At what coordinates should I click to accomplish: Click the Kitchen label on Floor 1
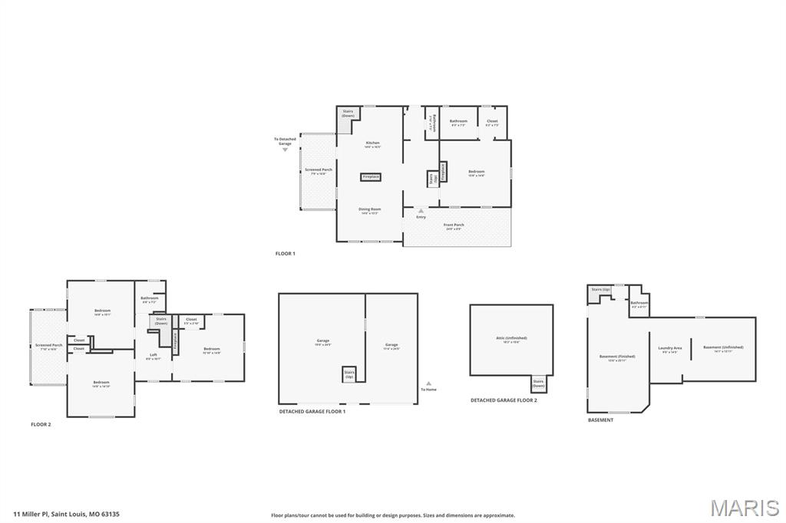372,143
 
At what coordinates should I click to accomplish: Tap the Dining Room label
370,209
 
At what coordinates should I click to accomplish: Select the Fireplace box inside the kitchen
371,177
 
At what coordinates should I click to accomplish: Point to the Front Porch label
453,225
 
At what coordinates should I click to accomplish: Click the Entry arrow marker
421,210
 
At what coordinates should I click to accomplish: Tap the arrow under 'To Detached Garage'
285,150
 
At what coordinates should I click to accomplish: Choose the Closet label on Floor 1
492,121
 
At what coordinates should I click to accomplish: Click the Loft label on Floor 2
154,355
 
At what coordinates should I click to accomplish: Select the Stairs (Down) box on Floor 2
161,321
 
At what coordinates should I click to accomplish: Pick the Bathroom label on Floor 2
150,298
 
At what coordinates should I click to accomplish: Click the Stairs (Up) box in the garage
348,374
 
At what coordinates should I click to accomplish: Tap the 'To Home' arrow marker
428,383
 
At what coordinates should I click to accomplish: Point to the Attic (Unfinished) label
511,338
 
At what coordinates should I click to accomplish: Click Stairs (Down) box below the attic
538,383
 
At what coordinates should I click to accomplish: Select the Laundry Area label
670,348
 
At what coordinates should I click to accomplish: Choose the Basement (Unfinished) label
723,347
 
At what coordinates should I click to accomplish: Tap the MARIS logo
745,508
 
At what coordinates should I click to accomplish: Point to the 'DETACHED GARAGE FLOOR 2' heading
504,400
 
